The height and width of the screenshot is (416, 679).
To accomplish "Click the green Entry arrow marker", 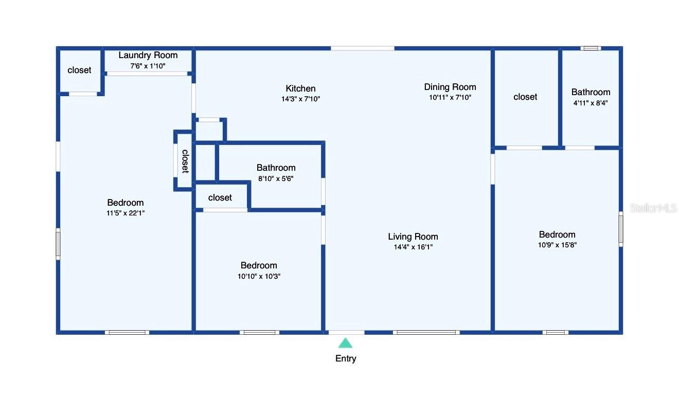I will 346,343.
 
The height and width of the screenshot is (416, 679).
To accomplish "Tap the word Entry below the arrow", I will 346,358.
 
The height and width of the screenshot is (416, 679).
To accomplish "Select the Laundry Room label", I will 148,56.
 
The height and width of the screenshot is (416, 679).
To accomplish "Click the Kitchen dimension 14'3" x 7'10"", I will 300,99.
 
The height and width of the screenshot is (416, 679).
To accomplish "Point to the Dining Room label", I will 450,87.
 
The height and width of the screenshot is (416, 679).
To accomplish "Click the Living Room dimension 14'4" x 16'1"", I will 413,247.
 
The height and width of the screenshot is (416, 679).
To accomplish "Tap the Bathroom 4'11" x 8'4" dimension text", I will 591,102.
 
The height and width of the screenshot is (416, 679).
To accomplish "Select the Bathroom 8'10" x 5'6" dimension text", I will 276,178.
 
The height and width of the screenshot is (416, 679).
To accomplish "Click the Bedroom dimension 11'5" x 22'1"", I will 126,213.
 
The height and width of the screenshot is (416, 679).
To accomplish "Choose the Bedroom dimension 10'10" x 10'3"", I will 259,276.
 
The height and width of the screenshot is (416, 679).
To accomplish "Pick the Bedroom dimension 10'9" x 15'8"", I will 557,245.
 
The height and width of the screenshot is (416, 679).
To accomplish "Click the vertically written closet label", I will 185,161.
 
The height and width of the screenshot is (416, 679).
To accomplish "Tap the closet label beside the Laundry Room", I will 79,70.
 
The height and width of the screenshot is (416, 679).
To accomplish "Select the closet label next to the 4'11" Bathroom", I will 525,97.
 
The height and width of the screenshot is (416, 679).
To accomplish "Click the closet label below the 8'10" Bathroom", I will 220,197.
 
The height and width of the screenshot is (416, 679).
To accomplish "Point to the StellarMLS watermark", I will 653,208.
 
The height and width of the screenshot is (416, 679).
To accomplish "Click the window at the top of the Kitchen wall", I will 362,48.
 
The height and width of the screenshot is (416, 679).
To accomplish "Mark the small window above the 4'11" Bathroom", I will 591,48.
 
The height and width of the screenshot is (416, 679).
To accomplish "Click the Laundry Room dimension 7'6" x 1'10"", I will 148,66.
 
